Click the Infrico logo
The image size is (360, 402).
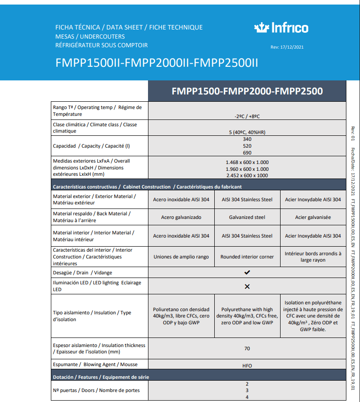[281, 28]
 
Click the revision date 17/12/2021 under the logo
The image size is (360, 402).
[287, 47]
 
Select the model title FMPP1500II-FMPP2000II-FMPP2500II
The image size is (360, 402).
[157, 63]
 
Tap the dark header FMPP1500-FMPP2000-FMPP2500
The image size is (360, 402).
[247, 91]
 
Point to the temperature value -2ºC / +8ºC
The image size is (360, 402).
[247, 116]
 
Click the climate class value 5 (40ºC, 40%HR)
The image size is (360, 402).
[247, 132]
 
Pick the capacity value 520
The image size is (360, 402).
[247, 146]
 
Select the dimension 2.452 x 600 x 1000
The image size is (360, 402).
[247, 175]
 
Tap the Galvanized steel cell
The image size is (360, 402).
[247, 217]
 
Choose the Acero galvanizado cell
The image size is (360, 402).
[181, 217]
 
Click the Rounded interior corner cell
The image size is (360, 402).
[247, 257]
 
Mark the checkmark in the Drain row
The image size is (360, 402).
[247, 273]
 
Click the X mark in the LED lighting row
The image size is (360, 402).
[247, 287]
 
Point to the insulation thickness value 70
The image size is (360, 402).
[247, 349]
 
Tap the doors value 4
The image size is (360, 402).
[247, 397]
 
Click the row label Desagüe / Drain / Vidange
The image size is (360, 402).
[83, 273]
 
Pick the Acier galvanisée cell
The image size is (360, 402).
[313, 217]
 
